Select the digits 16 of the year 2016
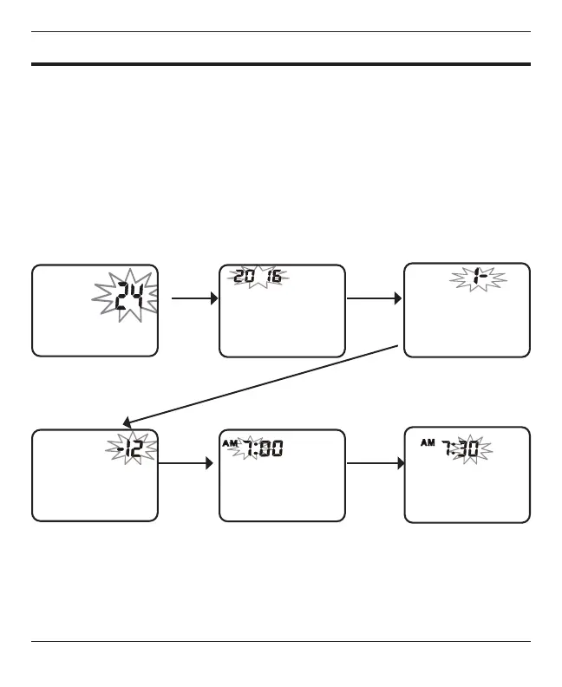(x=274, y=277)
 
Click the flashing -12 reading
(x=134, y=447)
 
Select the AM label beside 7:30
(x=427, y=442)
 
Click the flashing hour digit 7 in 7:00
(x=252, y=448)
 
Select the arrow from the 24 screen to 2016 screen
(x=193, y=298)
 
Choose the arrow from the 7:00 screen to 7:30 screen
(x=375, y=463)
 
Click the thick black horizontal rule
(x=281, y=63)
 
